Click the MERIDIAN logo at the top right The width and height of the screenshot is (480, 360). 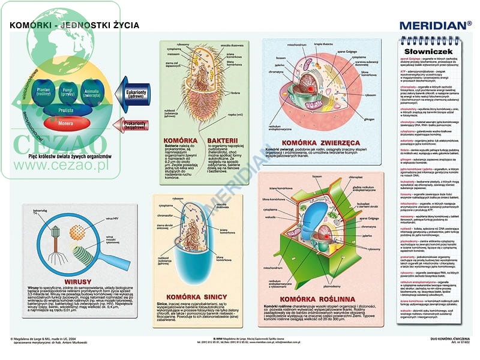click(435, 25)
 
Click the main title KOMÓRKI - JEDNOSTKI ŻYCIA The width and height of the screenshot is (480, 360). click(74, 25)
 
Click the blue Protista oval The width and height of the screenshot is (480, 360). click(66, 110)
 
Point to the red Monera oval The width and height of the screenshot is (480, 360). click(66, 124)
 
